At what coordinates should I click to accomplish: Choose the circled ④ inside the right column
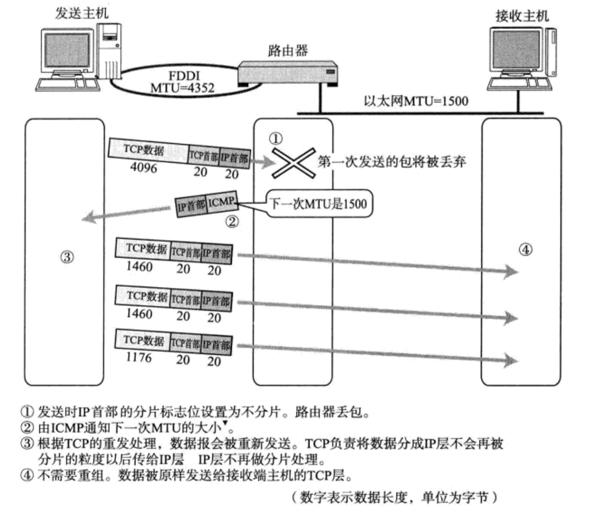coord(524,251)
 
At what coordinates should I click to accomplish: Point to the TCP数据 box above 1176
coord(145,342)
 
